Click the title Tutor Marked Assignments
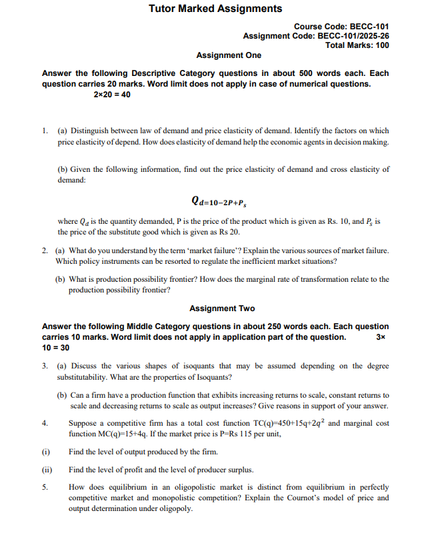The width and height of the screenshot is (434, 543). pyautogui.click(x=215, y=9)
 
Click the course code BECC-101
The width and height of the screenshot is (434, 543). pyautogui.click(x=365, y=26)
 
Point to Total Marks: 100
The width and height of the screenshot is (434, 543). pyautogui.click(x=357, y=45)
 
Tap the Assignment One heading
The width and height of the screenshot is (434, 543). pyautogui.click(x=229, y=55)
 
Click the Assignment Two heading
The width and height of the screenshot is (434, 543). pyautogui.click(x=222, y=308)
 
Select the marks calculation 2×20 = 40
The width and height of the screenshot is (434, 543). pyautogui.click(x=112, y=95)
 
